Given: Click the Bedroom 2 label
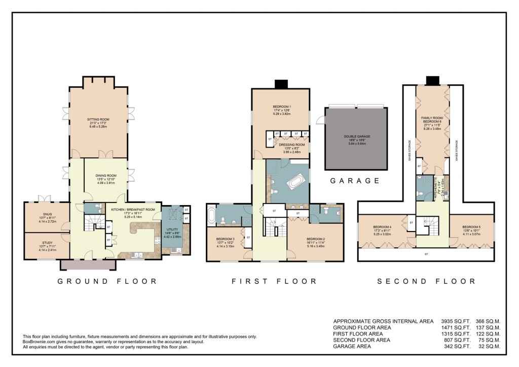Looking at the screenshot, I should click(315, 241).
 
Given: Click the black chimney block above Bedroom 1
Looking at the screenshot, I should click(280, 84).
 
